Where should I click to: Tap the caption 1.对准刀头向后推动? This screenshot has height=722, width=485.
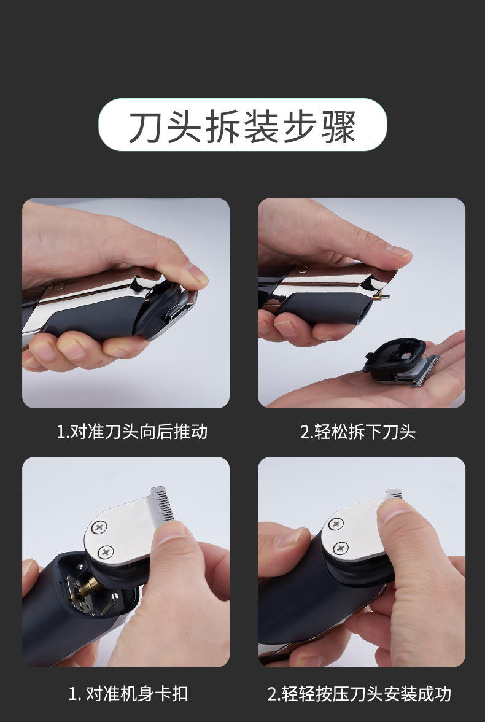coord(132,432)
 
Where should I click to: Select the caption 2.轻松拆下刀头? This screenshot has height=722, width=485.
coord(358,432)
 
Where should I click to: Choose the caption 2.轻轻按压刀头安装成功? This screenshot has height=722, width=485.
coord(359,694)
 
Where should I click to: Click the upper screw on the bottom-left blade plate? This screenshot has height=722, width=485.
coord(99,526)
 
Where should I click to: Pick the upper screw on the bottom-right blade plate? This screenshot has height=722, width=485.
coord(335,524)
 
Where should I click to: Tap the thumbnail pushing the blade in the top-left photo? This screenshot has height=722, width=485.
coord(198,274)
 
